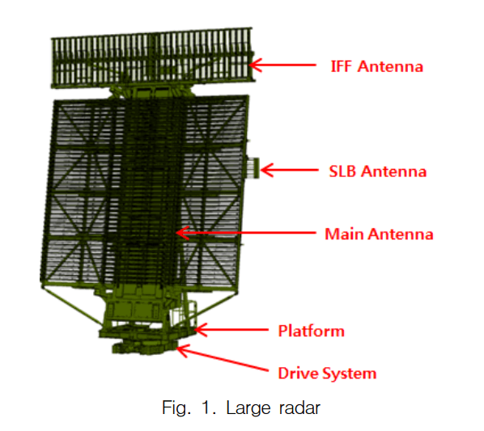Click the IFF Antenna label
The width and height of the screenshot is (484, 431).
[376, 66]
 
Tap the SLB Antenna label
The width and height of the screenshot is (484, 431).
[378, 171]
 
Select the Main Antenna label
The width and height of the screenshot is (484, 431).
[379, 234]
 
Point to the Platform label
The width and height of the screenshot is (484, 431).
[311, 331]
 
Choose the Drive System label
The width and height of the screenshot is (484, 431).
[327, 374]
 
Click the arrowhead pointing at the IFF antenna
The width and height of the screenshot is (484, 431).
[256, 65]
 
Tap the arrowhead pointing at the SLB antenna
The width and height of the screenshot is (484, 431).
[267, 170]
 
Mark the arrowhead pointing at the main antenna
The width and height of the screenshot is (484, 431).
[183, 233]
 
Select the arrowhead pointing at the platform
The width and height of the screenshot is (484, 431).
[202, 330]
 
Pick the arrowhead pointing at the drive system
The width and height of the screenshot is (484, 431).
[183, 351]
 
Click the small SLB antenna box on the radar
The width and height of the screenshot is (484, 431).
[253, 168]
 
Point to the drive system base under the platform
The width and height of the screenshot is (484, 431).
[144, 347]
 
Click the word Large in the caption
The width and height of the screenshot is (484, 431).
[248, 408]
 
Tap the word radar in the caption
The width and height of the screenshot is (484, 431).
[299, 408]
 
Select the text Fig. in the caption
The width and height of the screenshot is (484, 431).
[175, 408]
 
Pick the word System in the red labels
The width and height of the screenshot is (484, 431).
[350, 374]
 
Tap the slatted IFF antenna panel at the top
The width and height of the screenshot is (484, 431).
[153, 57]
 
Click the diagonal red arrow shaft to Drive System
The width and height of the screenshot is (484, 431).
[223, 359]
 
